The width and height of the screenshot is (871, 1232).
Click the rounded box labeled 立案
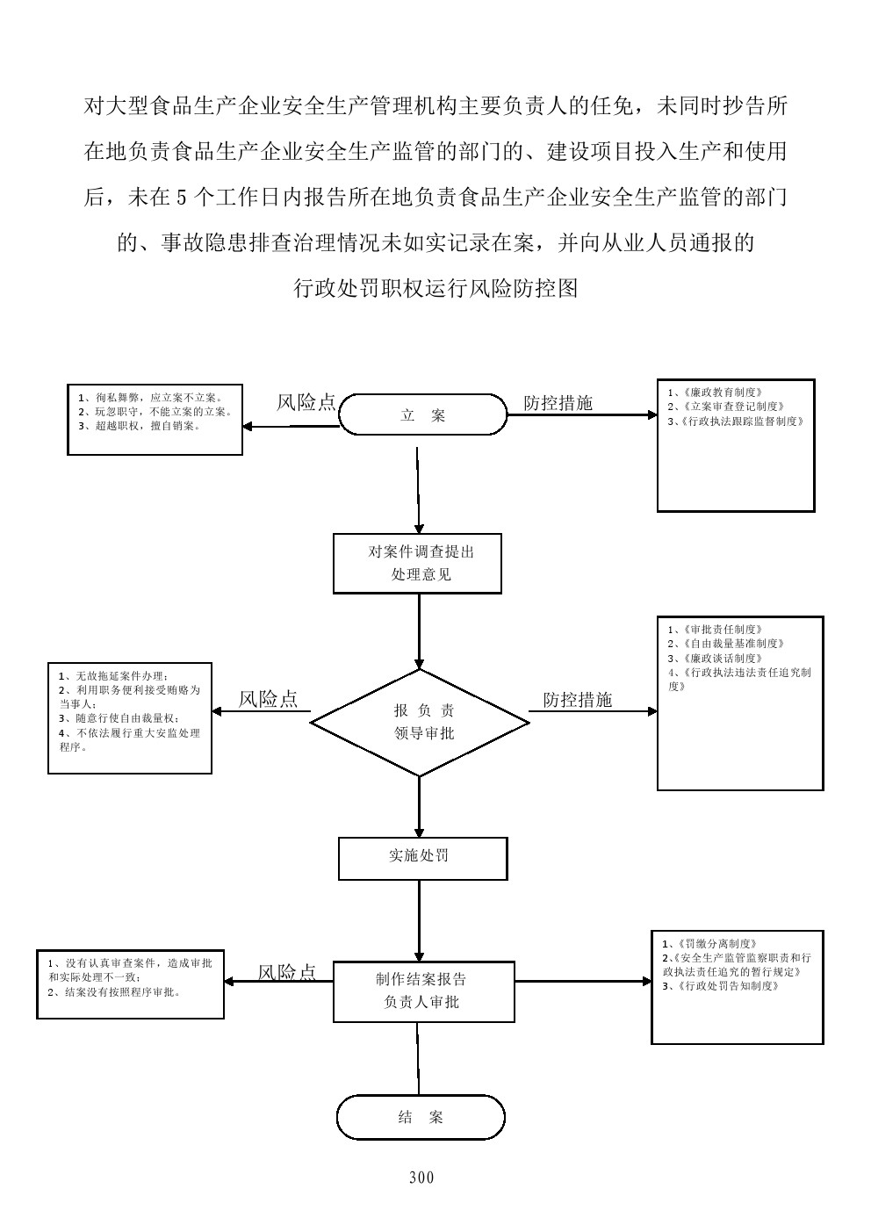[423, 414]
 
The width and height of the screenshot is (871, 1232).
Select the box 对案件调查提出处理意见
[417, 563]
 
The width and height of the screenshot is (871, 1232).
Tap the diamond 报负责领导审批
[420, 722]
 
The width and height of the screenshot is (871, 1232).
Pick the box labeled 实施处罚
[422, 858]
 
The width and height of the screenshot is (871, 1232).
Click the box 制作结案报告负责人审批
[423, 991]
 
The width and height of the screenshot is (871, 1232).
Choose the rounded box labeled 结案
[421, 1117]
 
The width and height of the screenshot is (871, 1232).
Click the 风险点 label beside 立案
[306, 402]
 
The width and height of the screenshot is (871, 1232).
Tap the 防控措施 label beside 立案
[558, 403]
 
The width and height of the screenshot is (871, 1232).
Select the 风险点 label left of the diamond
[269, 699]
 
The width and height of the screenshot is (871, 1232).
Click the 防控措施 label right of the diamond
[578, 700]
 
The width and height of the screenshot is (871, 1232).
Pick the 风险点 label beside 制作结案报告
[287, 972]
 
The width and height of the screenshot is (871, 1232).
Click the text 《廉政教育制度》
[715, 393]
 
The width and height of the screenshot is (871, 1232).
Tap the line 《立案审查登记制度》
[725, 407]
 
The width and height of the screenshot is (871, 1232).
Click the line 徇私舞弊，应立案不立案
[149, 397]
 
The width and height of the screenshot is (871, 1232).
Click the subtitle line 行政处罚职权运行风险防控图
[435, 288]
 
